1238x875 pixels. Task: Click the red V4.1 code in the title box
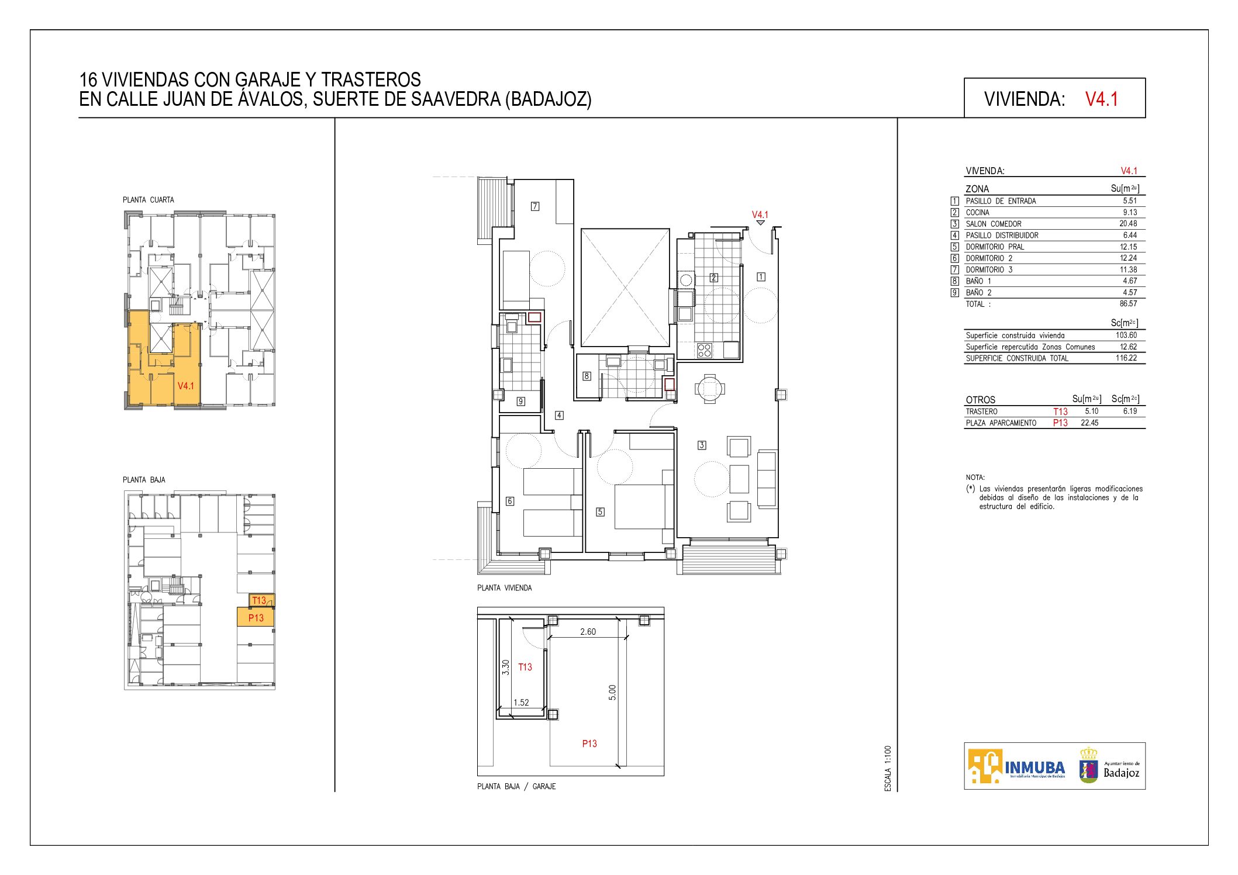click(x=1101, y=99)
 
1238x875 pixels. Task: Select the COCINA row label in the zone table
click(x=977, y=213)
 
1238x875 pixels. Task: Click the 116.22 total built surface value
click(x=1126, y=358)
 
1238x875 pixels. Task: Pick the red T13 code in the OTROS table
click(x=1060, y=411)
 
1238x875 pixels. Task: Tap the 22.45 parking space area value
click(x=1089, y=423)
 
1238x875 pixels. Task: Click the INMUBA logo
click(x=1016, y=766)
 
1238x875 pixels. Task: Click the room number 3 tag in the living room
click(x=702, y=445)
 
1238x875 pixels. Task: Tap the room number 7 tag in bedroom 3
click(x=535, y=206)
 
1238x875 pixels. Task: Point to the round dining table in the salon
click(x=709, y=389)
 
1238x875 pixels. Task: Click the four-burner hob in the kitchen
click(x=704, y=350)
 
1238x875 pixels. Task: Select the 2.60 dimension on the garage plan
click(x=588, y=632)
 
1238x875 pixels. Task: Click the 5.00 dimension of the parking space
click(x=612, y=693)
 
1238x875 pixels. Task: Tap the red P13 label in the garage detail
click(x=589, y=743)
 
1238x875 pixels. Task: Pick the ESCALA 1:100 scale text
click(x=888, y=769)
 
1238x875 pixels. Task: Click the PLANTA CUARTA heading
click(x=149, y=200)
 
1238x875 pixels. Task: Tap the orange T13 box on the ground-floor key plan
click(x=260, y=601)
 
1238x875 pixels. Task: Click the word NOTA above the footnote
click(x=975, y=478)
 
